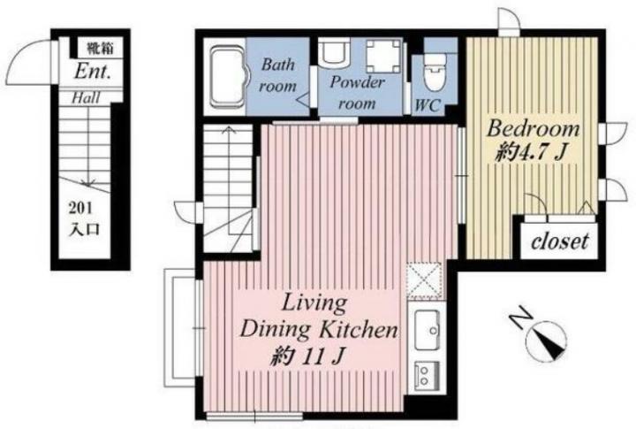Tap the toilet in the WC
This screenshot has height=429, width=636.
[435, 73]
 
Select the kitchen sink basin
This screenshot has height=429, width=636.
[428, 329]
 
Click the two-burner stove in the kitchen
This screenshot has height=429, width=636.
[427, 374]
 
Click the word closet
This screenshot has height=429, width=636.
[559, 241]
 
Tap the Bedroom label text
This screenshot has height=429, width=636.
[533, 129]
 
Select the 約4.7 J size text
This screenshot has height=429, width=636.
[530, 153]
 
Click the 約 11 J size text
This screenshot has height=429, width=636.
[307, 356]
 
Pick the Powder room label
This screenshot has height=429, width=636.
[357, 93]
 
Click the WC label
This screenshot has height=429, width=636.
[428, 105]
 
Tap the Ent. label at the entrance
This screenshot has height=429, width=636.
[93, 72]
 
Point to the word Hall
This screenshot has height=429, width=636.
[86, 98]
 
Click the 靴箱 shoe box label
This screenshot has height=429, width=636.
[100, 49]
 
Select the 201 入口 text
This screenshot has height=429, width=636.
[84, 219]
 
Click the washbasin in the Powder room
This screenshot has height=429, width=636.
[334, 51]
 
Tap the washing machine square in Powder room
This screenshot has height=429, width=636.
[383, 57]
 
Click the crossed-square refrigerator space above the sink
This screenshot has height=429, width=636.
[424, 280]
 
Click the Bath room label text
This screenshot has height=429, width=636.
[278, 75]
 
